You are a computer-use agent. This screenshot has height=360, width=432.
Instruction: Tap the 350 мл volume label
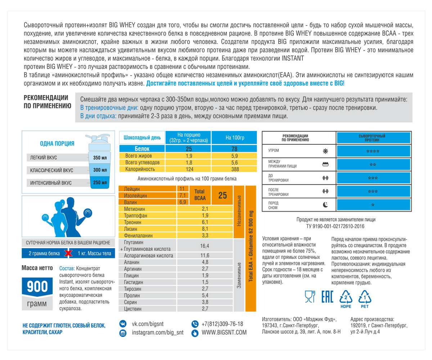[99, 157]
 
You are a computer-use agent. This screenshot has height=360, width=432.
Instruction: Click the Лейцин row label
[132, 189]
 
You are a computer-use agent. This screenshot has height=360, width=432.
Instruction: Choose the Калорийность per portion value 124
[189, 168]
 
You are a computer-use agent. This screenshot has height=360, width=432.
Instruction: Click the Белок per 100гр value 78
[234, 149]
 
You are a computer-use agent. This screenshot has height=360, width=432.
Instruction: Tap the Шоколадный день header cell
[142, 138]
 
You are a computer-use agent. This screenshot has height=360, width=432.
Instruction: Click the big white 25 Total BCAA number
[222, 195]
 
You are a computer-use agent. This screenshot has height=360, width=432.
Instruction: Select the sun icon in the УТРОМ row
[325, 150]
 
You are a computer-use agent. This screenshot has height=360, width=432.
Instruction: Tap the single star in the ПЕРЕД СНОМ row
[373, 205]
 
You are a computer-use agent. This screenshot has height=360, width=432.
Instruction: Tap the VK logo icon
[122, 324]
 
